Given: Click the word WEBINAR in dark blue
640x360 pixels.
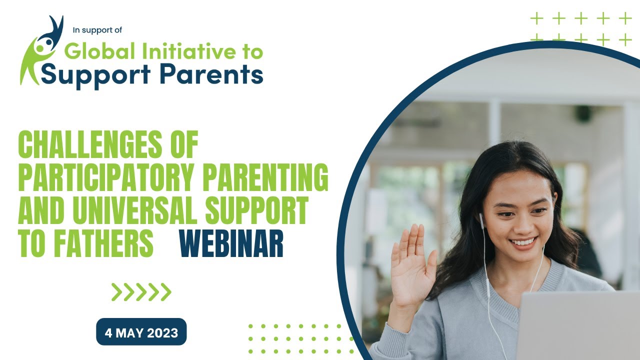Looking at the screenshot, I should click(x=231, y=243).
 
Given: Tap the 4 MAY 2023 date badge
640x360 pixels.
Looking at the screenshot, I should click(x=141, y=332).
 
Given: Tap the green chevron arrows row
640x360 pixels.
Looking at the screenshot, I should click(x=141, y=292).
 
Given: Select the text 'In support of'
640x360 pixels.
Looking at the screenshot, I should click(x=97, y=30).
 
